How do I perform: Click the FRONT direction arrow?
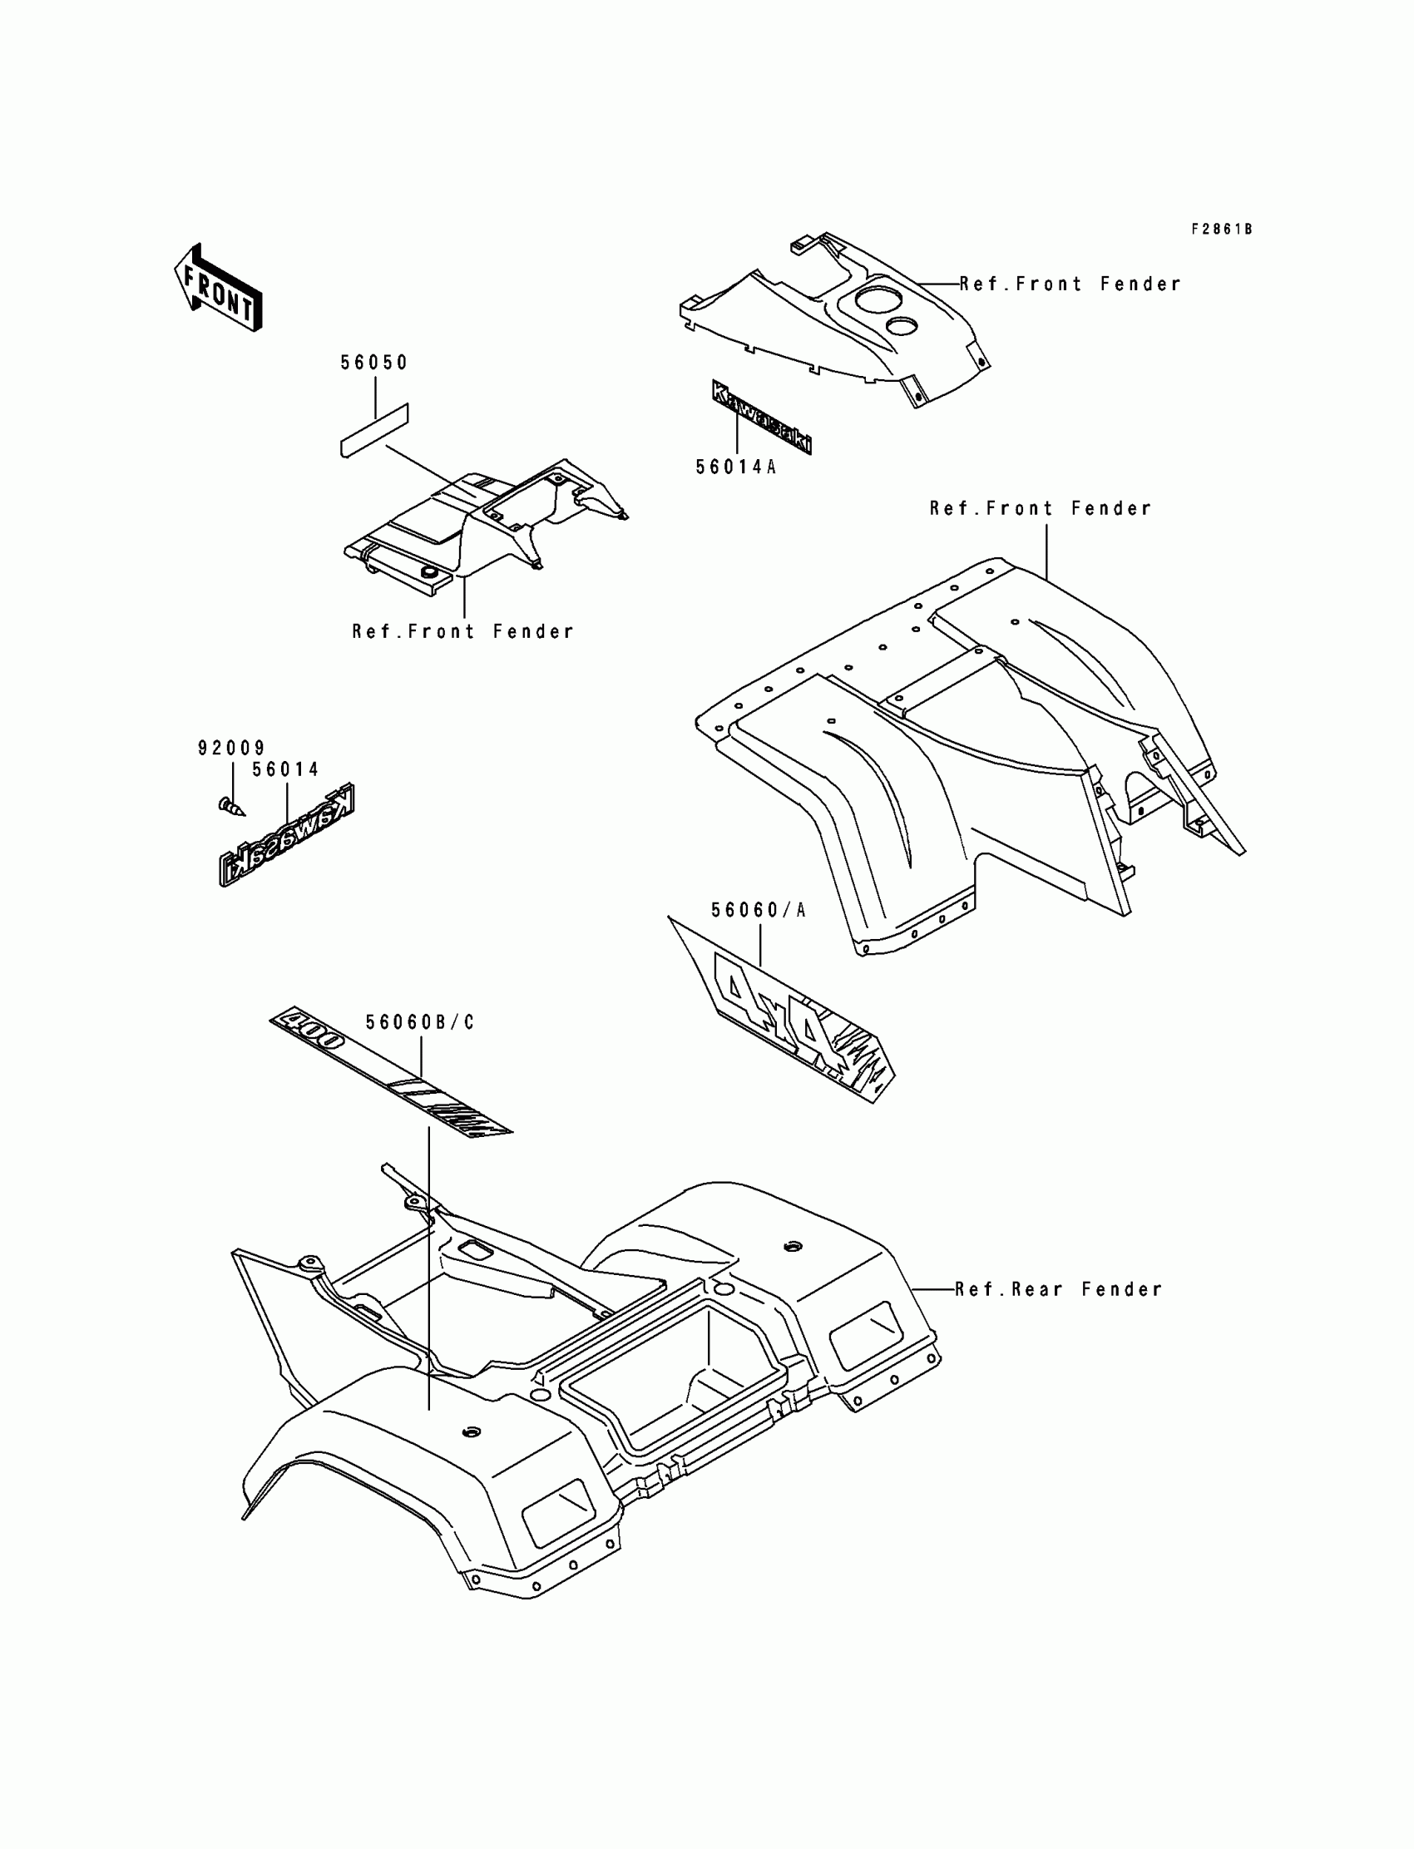(217, 288)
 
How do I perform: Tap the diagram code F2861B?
(1220, 229)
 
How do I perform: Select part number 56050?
(373, 363)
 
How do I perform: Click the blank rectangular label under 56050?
(373, 430)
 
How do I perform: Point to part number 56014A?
(735, 467)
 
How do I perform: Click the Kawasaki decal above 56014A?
(761, 418)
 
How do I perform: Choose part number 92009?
(231, 748)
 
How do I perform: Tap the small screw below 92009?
(231, 807)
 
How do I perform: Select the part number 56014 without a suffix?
(286, 769)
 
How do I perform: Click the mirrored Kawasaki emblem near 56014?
(287, 834)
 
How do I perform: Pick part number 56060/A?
(759, 910)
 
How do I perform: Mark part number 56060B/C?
(420, 1021)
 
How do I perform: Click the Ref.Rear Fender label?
(1058, 1289)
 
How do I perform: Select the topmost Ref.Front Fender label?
(1070, 284)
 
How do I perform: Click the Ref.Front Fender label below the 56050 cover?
(463, 631)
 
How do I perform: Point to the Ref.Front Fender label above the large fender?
(1041, 508)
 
